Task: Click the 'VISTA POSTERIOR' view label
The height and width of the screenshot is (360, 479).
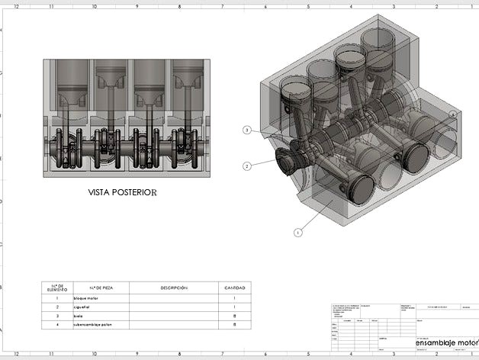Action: coord(122,193)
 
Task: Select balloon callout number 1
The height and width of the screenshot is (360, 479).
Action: coord(297,231)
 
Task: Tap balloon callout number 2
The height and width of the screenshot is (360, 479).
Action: coord(247,166)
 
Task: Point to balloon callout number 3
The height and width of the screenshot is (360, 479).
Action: coord(247,130)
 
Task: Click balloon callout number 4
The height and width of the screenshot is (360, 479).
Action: coord(453,114)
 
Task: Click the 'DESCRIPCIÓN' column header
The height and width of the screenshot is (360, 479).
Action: coord(173,288)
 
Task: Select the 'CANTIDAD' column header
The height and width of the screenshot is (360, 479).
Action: coord(234,288)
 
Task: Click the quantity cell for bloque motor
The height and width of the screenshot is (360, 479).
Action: coord(234,298)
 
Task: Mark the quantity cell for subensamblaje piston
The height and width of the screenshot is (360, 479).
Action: coord(234,325)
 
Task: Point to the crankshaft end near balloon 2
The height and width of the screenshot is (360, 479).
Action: coord(284,161)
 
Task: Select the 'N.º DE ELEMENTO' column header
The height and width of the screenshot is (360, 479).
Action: coord(57,288)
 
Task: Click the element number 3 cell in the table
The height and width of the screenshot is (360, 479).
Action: coord(57,316)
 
